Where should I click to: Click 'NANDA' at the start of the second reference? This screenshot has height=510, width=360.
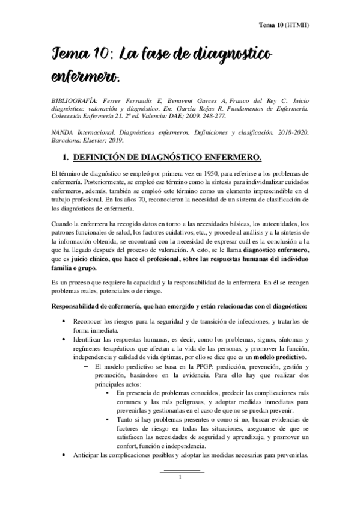pos(59,134)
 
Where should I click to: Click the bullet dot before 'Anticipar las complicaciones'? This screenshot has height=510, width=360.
pos(64,455)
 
